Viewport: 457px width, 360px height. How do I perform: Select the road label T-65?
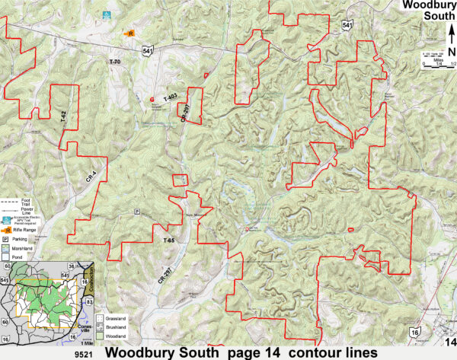(169, 241)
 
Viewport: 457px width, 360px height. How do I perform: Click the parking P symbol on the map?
(137, 211)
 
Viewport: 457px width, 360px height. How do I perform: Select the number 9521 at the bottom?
(83, 354)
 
